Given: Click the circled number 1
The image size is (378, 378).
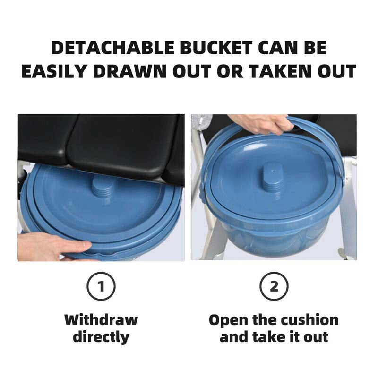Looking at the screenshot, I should coord(101,286).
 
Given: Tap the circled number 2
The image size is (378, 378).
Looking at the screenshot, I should coord(274,286).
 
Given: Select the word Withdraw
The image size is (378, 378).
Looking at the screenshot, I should coord(101,320).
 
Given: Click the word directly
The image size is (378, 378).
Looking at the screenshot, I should coord(101,337).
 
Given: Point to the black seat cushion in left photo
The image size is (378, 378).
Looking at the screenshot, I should coord(123,142).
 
